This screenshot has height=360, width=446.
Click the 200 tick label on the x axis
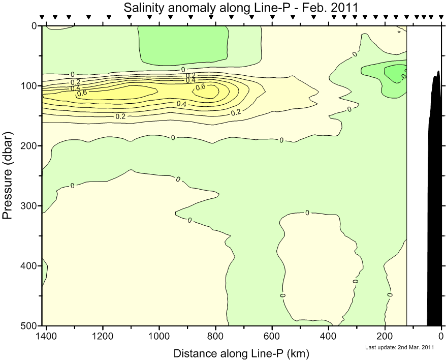[385, 336]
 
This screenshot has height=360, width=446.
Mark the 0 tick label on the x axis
[441, 336]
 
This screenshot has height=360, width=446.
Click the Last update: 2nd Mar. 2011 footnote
[399, 347]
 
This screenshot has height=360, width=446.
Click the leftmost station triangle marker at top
[42, 17]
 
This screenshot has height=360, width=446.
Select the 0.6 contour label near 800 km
[201, 87]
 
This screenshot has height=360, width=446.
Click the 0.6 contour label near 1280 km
[81, 93]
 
